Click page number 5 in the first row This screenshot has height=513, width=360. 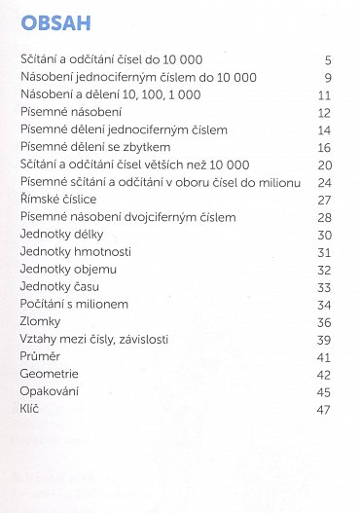pyautogui.click(x=328, y=60)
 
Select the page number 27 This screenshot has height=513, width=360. pyautogui.click(x=325, y=200)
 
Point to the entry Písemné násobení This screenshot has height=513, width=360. pyautogui.click(x=64, y=113)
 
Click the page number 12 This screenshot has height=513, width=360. pyautogui.click(x=325, y=113)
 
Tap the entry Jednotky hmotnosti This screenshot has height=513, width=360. pyautogui.click(x=71, y=252)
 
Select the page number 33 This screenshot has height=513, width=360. pyautogui.click(x=325, y=287)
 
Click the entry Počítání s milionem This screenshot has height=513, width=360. pyautogui.click(x=74, y=304)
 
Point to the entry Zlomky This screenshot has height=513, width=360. pyautogui.click(x=41, y=321)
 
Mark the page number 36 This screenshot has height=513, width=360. pyautogui.click(x=325, y=321)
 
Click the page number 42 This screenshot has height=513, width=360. pyautogui.click(x=325, y=374)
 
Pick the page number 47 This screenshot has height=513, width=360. pyautogui.click(x=325, y=409)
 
